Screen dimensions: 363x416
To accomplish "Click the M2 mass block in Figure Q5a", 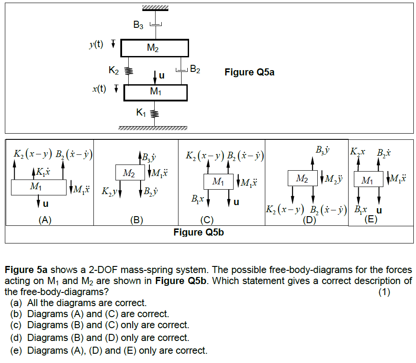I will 154,48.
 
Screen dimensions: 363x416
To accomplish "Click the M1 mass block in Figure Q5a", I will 155,92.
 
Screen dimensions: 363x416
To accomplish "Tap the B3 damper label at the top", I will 138,26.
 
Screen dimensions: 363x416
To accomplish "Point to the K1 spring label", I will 141,113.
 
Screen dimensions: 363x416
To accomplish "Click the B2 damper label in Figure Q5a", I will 195,70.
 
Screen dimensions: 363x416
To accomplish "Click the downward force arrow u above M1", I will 155,76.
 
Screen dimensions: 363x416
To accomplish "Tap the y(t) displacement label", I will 96,44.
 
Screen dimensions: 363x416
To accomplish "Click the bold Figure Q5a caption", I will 249,72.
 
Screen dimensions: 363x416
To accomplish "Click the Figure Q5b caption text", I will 198,232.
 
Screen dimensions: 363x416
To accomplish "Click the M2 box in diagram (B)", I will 128,173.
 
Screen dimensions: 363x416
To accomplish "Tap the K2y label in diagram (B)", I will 108,192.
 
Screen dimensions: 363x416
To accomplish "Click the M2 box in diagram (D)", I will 302,178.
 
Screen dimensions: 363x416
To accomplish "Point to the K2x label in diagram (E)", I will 357,153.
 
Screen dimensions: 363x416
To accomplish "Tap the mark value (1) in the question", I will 385,292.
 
